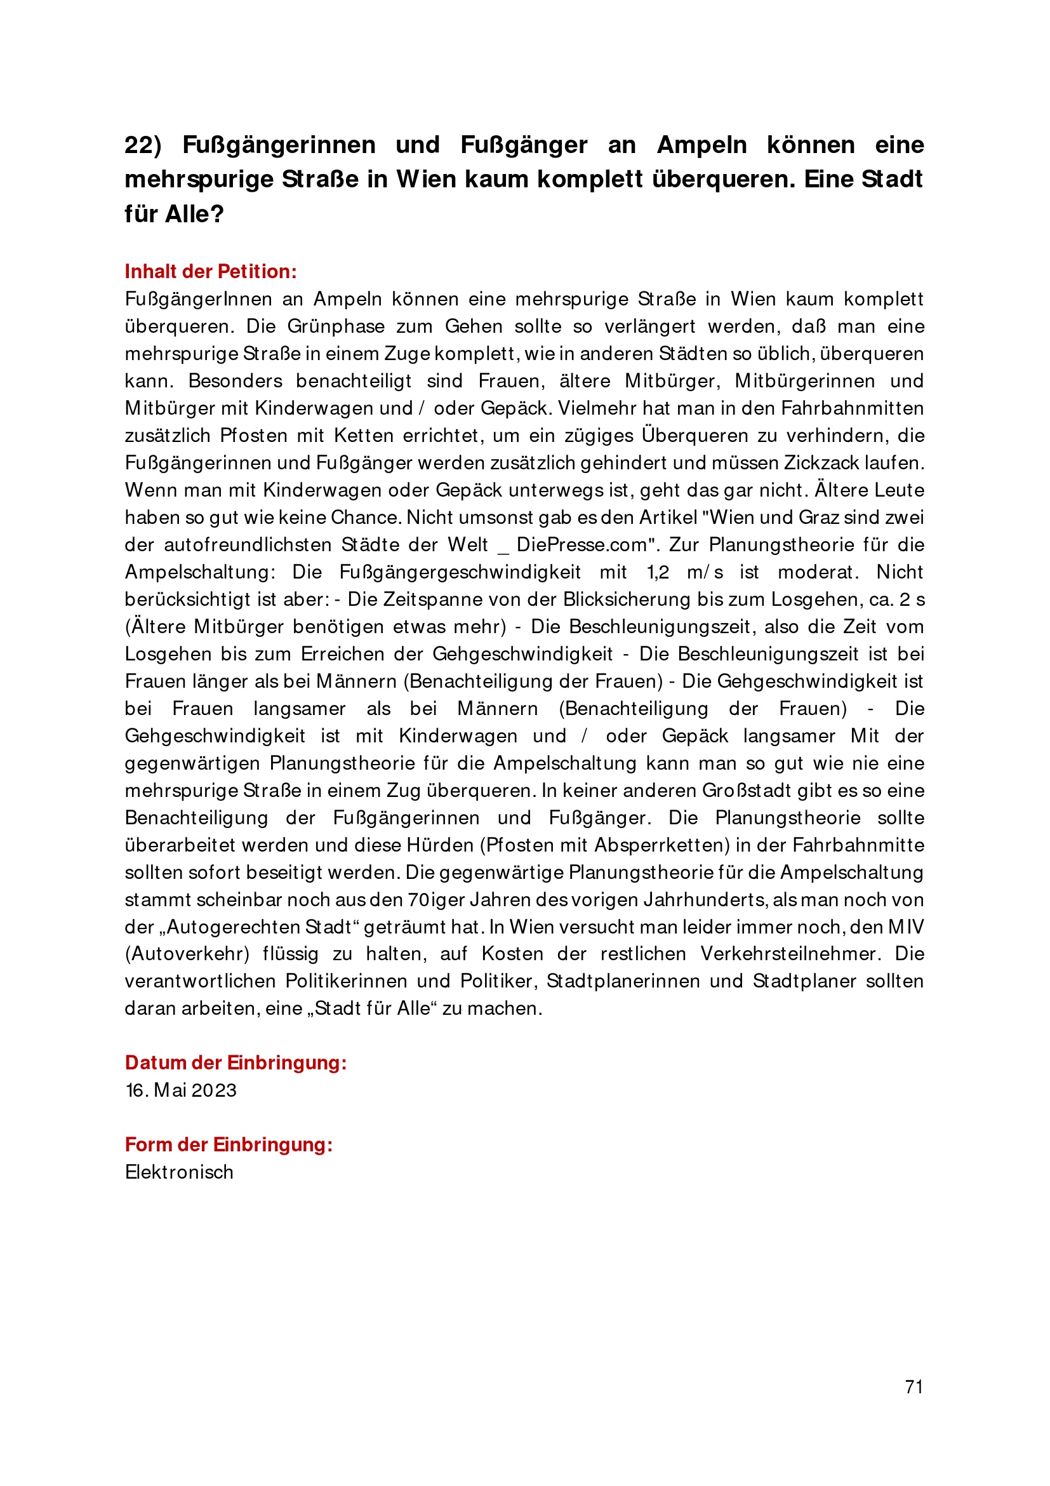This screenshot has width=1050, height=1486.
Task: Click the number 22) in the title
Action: [143, 145]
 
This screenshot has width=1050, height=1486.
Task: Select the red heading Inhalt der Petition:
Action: [211, 271]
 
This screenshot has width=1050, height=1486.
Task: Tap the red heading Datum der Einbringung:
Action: [236, 1062]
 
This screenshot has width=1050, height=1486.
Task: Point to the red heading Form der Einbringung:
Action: [229, 1144]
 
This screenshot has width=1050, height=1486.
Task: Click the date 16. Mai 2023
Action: [181, 1090]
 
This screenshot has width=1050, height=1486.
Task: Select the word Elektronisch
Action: [179, 1172]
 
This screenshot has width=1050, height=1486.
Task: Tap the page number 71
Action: [914, 1387]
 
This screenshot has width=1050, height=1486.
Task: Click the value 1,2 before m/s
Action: [658, 572]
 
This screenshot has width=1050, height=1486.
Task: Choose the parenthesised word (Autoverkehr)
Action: [187, 954]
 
